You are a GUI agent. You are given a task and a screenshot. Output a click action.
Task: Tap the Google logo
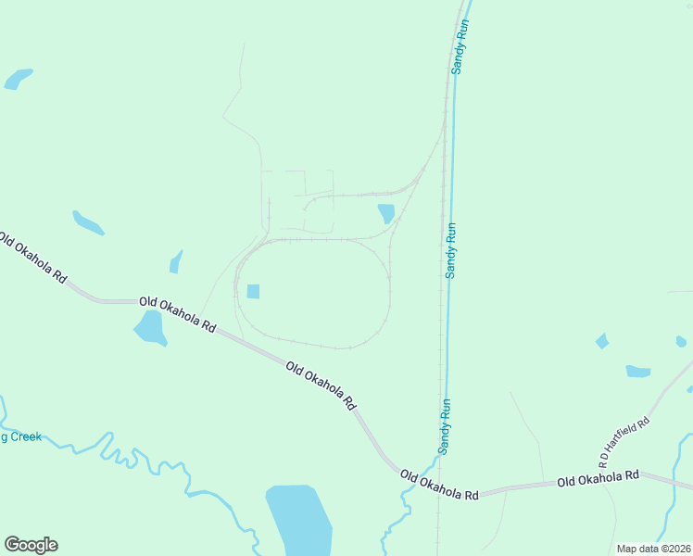pyautogui.click(x=31, y=545)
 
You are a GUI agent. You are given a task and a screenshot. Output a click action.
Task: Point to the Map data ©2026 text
pyautogui.click(x=653, y=549)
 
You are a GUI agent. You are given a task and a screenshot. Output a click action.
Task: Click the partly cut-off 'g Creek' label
pyautogui.click(x=20, y=436)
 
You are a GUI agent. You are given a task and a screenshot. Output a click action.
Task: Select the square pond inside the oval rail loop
pyautogui.click(x=253, y=291)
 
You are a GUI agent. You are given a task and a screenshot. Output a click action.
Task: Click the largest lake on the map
pyautogui.click(x=299, y=519)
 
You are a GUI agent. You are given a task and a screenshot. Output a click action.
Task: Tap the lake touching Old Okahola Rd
pyautogui.click(x=150, y=328)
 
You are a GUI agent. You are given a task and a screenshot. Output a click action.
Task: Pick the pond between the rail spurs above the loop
pyautogui.click(x=386, y=213)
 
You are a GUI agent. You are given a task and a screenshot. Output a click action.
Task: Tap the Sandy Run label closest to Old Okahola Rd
pyautogui.click(x=445, y=425)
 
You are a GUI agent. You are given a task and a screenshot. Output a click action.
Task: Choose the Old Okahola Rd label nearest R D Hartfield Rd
pyautogui.click(x=598, y=478)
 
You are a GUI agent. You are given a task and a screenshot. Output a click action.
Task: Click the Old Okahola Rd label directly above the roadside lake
pyautogui.click(x=177, y=314)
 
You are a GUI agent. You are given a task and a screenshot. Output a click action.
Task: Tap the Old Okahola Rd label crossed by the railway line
pyautogui.click(x=439, y=486)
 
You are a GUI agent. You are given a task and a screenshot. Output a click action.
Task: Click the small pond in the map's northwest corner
pyautogui.click(x=18, y=79)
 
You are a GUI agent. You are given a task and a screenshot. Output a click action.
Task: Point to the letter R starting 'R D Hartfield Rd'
pyautogui.click(x=602, y=461)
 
